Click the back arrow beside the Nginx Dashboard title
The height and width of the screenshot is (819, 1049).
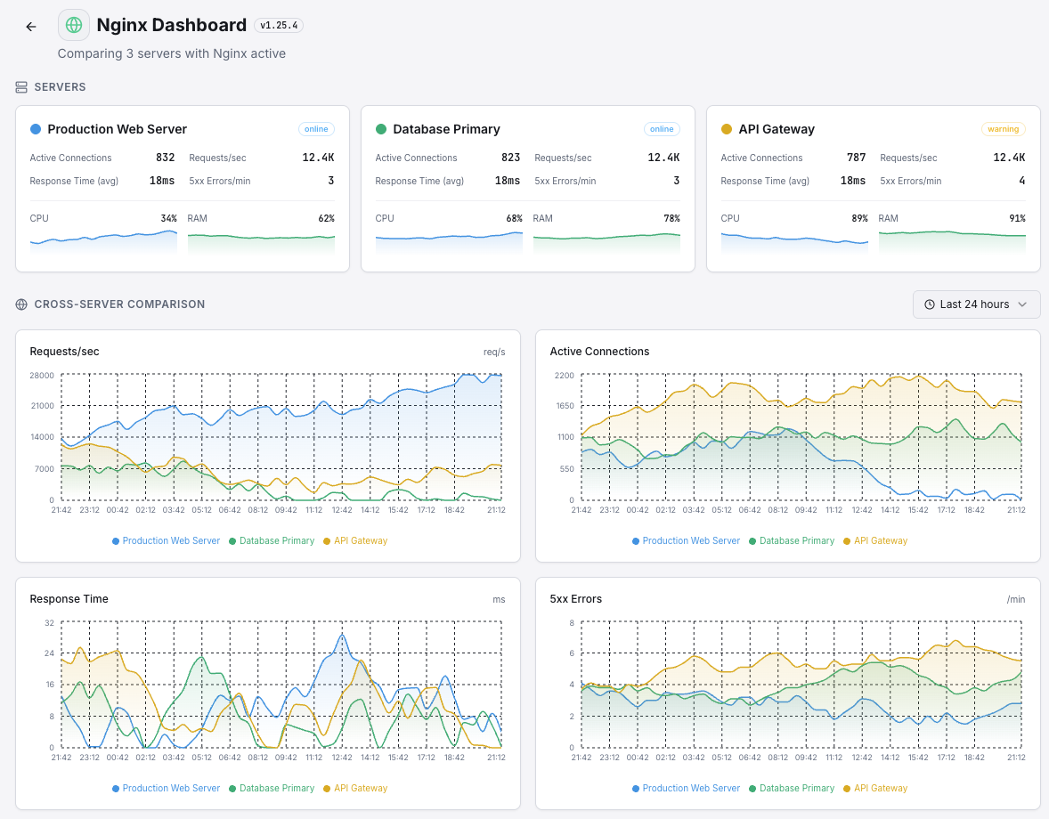coord(31,27)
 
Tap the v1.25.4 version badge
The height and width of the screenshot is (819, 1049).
coord(279,26)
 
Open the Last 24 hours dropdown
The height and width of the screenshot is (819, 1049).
coord(976,304)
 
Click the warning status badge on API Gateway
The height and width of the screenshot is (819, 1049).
coord(1003,129)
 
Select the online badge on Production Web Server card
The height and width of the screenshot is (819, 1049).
coord(316,129)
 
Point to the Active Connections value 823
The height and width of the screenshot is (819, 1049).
coord(510,158)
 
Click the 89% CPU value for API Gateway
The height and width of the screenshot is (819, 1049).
coord(858,218)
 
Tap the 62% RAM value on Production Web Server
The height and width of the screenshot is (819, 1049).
coord(326,218)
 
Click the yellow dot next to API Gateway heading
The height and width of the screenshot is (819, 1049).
coord(727,129)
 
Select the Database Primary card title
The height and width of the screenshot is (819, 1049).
coord(446,129)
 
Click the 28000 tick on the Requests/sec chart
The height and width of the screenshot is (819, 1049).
coord(42,375)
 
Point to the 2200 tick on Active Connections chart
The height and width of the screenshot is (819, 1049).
coord(564,375)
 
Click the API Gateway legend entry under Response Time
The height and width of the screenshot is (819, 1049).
coord(355,788)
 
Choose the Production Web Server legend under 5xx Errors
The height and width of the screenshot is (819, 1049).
coord(686,788)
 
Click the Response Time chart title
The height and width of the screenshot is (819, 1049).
coord(69,599)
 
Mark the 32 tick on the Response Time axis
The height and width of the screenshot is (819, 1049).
coord(49,622)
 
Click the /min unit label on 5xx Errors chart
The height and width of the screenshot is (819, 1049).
coord(1015,599)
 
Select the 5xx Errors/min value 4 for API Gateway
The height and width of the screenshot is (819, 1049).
coord(1021,181)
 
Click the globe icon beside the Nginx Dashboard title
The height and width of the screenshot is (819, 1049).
coord(74,26)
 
